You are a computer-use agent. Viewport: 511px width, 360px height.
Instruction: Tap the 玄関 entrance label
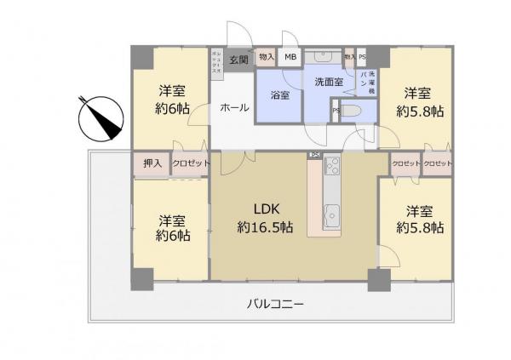[238, 59]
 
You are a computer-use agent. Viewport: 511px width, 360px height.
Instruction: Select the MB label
[291, 58]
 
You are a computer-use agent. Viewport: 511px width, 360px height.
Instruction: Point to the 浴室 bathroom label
[279, 95]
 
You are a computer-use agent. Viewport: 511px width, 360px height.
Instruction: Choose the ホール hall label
[234, 108]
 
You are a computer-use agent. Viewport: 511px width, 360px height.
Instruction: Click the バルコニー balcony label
[275, 304]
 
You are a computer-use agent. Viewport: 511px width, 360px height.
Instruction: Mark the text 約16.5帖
[265, 228]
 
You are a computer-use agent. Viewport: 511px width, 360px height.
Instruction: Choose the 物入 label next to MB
[267, 58]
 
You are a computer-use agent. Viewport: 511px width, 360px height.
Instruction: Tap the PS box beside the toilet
[335, 111]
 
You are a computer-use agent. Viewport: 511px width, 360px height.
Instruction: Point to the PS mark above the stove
[314, 155]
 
